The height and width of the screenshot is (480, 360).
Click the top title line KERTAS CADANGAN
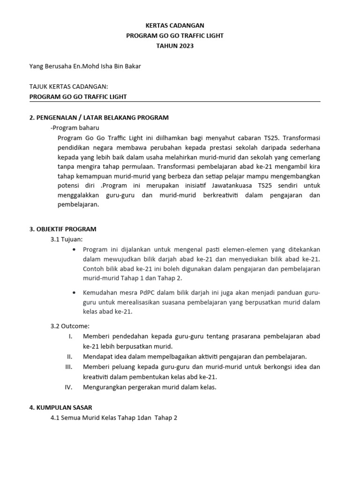175,25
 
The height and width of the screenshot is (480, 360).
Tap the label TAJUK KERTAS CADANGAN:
68,87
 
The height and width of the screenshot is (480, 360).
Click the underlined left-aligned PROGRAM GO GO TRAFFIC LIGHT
78,97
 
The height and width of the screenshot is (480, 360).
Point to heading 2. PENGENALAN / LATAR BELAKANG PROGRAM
99,117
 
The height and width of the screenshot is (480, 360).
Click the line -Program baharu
75,127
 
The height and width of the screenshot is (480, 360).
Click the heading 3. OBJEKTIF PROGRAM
63,229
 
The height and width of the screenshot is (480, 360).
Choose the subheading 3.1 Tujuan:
66,239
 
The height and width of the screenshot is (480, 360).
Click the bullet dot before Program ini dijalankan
75,249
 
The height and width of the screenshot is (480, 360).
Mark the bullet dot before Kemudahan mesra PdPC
75,292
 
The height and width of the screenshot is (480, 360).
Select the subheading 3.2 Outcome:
70,326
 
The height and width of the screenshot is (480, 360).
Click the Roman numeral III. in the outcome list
68,367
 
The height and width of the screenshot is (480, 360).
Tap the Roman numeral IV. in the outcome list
68,387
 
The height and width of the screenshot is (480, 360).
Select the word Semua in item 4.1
71,418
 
